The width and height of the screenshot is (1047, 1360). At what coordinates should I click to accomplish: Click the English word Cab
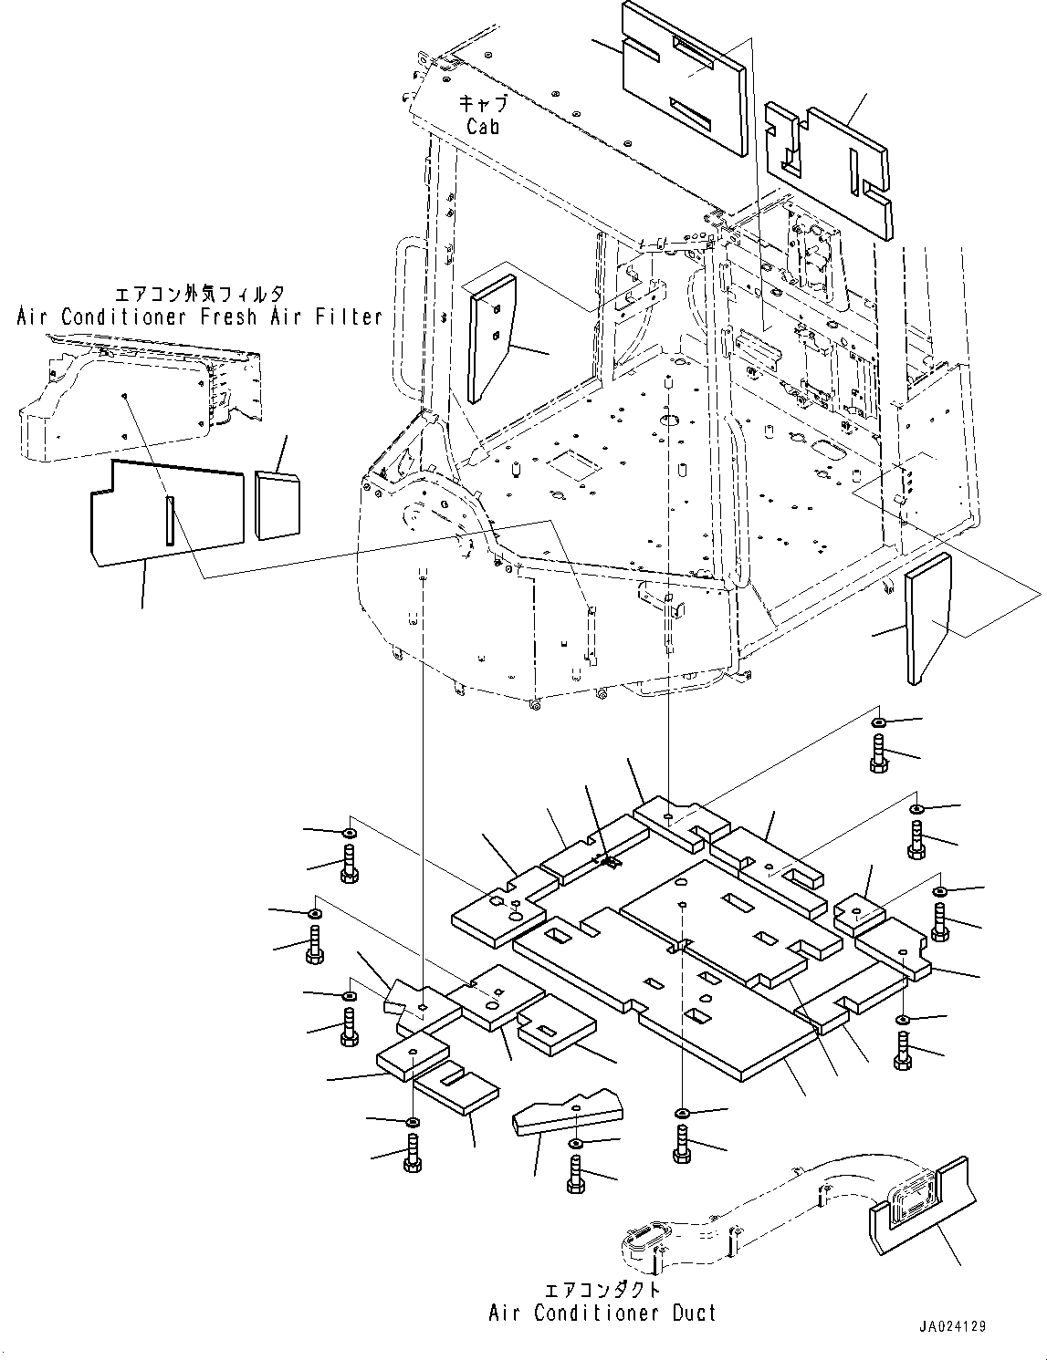[x=483, y=127]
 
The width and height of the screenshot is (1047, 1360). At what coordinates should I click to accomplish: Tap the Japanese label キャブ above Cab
[x=483, y=103]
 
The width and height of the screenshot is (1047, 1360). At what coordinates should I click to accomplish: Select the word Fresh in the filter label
[x=228, y=317]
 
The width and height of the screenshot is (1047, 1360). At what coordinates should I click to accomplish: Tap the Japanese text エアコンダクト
[x=602, y=1289]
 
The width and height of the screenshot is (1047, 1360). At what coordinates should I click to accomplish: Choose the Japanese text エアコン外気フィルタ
[x=200, y=294]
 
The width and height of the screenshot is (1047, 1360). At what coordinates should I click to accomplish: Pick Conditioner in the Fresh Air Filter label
[x=123, y=317]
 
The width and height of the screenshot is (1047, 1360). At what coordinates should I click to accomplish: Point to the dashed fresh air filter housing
[x=141, y=398]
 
